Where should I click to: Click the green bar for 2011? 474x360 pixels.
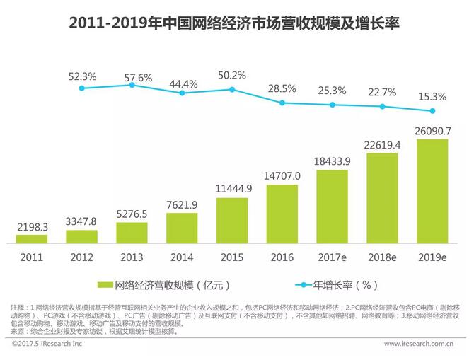tap(32, 239)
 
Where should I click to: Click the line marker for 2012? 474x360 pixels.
tap(82, 88)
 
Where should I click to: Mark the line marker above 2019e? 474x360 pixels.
tap(433, 110)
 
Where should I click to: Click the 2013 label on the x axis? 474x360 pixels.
tap(132, 258)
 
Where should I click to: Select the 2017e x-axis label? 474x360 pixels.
tap(333, 258)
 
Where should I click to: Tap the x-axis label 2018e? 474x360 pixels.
tap(383, 258)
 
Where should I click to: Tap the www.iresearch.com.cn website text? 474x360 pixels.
tap(418, 344)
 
